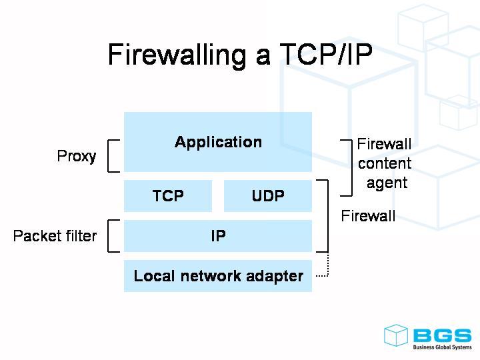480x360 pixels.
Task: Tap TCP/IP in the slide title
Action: pos(323,55)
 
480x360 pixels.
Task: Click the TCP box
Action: pos(168,196)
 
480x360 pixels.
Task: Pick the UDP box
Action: pos(268,196)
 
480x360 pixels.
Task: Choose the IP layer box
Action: pos(218,236)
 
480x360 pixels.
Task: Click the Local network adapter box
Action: pos(218,276)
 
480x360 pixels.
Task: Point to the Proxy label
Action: pos(77,157)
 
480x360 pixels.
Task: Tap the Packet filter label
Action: pos(55,236)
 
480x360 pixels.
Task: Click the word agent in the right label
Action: pos(387,183)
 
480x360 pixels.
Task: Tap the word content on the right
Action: pos(385,163)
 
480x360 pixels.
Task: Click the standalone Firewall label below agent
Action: pos(368,216)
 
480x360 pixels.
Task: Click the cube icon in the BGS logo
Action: pos(396,335)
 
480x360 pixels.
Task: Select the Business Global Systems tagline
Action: pos(441,347)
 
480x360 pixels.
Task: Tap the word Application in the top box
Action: pos(218,142)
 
